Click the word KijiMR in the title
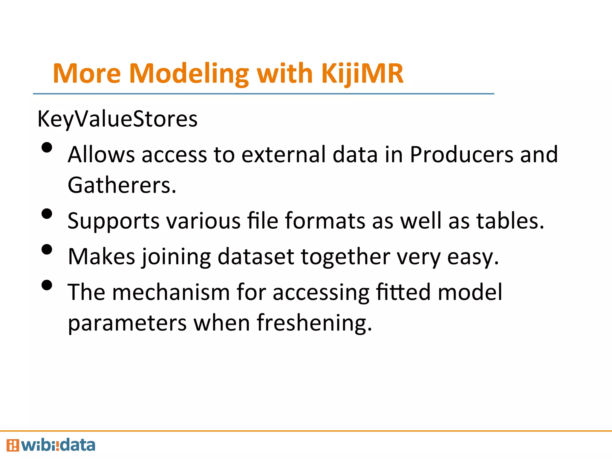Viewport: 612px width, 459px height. click(x=362, y=74)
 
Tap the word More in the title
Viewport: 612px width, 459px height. click(x=87, y=74)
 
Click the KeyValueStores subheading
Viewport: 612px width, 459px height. click(x=117, y=119)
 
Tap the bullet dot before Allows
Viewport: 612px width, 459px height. click(x=47, y=148)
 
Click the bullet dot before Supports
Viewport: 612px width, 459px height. click(x=47, y=214)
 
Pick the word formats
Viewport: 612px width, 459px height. click(x=325, y=221)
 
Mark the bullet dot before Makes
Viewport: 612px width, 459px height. click(x=47, y=249)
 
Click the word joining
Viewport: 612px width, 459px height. click(x=176, y=257)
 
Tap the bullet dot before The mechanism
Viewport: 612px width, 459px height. click(x=47, y=285)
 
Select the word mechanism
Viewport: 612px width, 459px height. click(x=171, y=292)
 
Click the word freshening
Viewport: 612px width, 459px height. click(x=314, y=323)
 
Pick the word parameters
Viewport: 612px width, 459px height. click(x=127, y=324)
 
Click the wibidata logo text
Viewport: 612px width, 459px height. click(x=58, y=445)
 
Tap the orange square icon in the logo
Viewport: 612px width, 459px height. click(x=13, y=445)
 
